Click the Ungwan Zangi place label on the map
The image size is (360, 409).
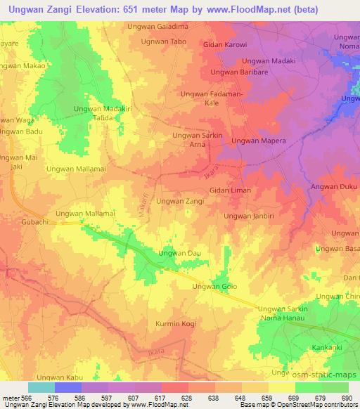(x=180, y=201)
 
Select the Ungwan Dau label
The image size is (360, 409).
(x=176, y=253)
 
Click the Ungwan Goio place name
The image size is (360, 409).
(x=215, y=287)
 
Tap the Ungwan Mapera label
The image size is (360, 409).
(x=257, y=141)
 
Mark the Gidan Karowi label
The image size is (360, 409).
(x=225, y=45)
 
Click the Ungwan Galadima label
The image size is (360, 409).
(x=157, y=27)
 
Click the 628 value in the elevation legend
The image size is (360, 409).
(x=188, y=398)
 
